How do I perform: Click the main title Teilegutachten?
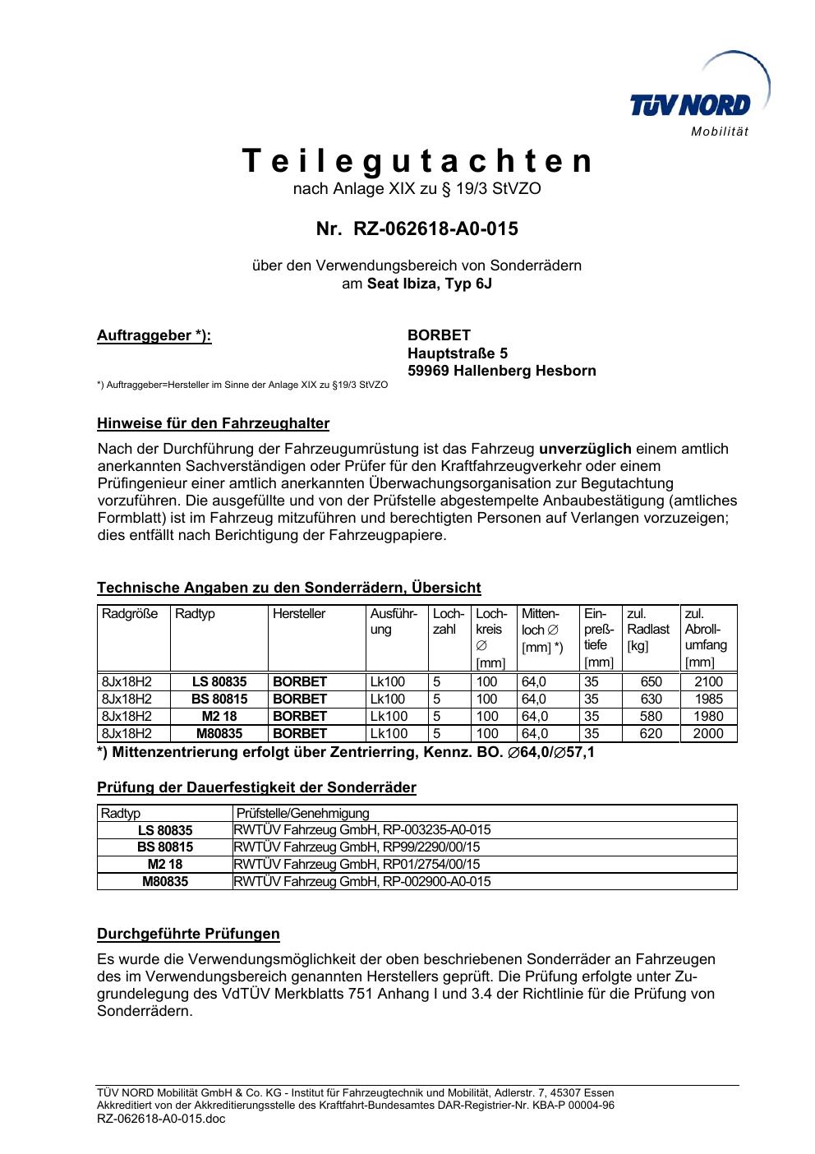tap(417, 161)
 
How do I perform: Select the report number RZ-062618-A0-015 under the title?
tap(435, 228)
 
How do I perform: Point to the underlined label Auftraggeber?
tap(154, 335)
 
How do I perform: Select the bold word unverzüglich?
tap(584, 449)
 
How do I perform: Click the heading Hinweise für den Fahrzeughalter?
tap(213, 424)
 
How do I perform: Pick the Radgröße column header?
tap(130, 614)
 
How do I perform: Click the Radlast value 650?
tap(651, 682)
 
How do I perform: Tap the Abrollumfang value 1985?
tap(708, 699)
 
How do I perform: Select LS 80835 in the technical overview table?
tap(219, 682)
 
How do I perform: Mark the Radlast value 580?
tap(651, 717)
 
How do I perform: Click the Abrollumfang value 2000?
tap(708, 734)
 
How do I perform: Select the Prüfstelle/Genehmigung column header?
tap(302, 814)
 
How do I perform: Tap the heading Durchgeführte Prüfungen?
tap(188, 935)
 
